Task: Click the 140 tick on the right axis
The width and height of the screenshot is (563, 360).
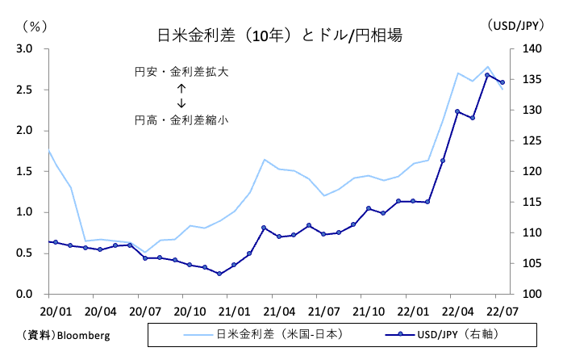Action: (x=524, y=49)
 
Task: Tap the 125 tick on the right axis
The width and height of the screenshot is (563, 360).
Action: (x=524, y=141)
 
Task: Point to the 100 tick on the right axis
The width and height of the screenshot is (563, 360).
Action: (x=524, y=294)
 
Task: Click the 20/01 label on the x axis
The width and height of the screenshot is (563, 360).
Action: (x=50, y=310)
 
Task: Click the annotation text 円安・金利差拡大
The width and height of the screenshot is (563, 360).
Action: (x=181, y=73)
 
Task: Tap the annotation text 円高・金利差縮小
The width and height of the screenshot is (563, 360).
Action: (x=181, y=119)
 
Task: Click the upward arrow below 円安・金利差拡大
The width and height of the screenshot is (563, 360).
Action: (x=181, y=89)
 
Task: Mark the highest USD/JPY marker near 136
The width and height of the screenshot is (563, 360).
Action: (x=487, y=75)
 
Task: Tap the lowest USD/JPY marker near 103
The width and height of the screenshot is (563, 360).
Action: (x=219, y=274)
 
